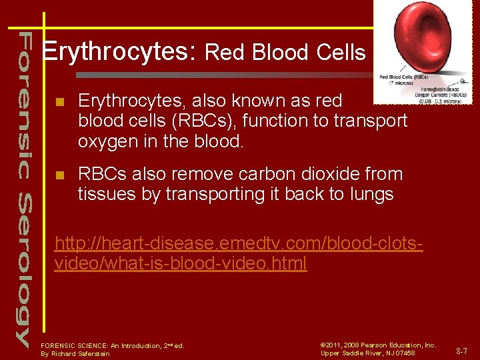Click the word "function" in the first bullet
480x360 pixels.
point(287,121)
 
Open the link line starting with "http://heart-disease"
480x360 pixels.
point(238,243)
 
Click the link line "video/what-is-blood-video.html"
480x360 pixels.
point(180,263)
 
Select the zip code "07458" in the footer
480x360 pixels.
point(405,353)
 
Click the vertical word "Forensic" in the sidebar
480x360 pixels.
point(23,103)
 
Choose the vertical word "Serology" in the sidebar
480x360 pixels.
point(23,270)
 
